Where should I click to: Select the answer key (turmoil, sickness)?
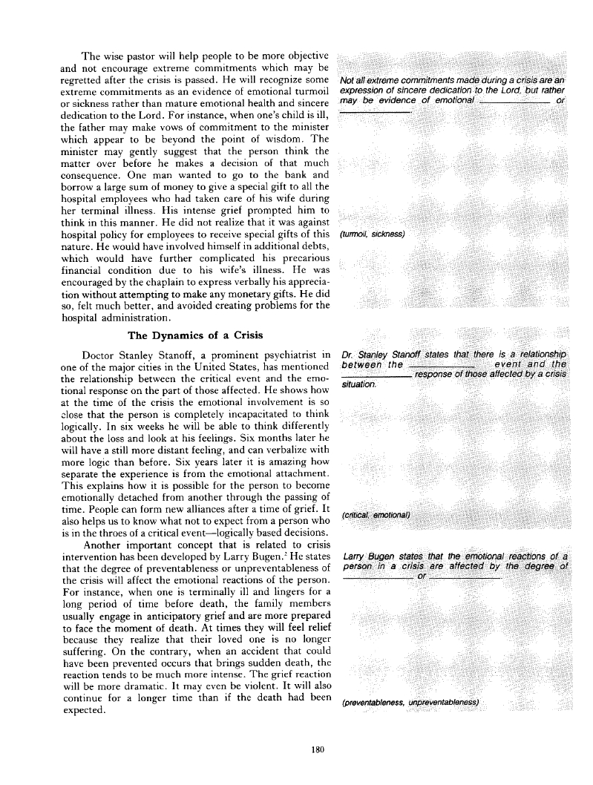pos(371,234)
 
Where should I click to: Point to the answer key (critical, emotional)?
pos(375,515)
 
